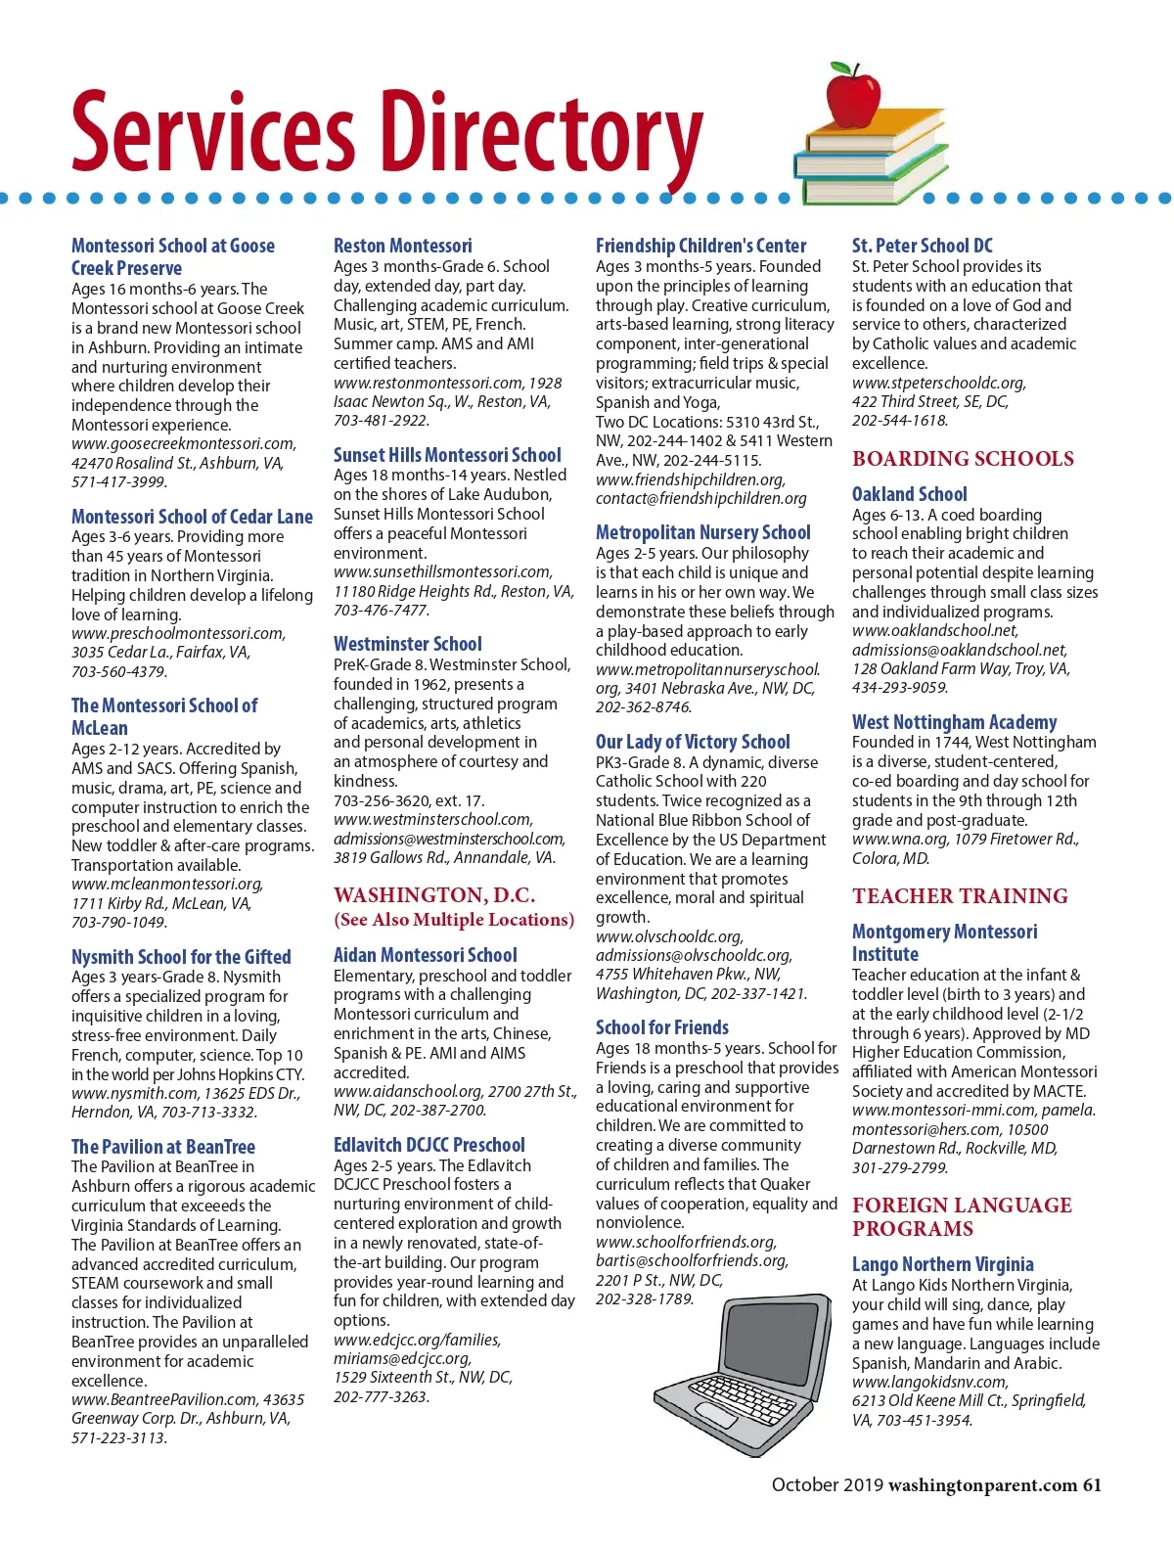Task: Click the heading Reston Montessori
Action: click(x=402, y=246)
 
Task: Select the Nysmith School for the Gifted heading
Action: click(x=181, y=956)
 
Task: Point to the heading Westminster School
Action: click(x=407, y=644)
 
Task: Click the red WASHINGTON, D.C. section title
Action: click(x=434, y=895)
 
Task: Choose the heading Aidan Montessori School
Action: click(x=425, y=954)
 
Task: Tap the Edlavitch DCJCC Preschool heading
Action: click(x=429, y=1144)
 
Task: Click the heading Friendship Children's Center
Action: click(x=700, y=246)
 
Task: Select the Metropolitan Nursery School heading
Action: click(x=702, y=532)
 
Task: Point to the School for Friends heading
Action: click(x=661, y=1026)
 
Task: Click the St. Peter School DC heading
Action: click(x=922, y=246)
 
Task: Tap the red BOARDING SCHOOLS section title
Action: click(x=963, y=458)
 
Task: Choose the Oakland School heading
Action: click(x=909, y=494)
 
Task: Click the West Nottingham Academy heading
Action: click(x=954, y=722)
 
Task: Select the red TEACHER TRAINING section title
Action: click(x=960, y=895)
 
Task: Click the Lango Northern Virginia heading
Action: click(x=942, y=1264)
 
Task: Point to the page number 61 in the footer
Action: click(x=1091, y=1484)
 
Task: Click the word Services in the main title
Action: click(x=212, y=132)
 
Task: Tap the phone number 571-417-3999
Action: click(x=119, y=481)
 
